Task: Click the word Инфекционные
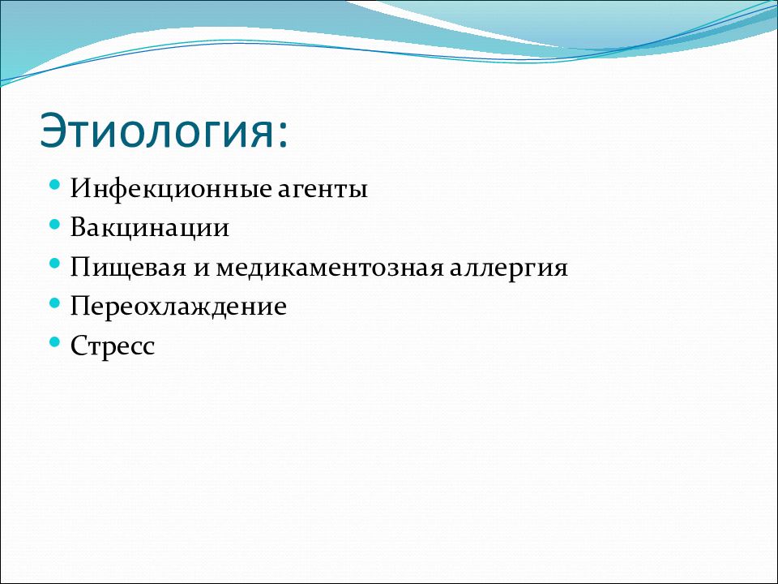(171, 189)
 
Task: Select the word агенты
(323, 190)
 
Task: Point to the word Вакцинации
(150, 229)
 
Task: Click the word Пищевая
(127, 268)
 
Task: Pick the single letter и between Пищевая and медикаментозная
(200, 268)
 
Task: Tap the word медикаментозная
(329, 268)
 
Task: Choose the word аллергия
(509, 269)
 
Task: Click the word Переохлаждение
(178, 307)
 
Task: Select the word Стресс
(113, 346)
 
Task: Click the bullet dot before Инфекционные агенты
(55, 185)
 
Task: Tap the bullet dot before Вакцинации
(55, 225)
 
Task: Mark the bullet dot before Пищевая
(55, 264)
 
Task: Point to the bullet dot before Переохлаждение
(55, 303)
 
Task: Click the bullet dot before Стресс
(55, 342)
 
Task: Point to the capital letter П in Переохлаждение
(81, 306)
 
